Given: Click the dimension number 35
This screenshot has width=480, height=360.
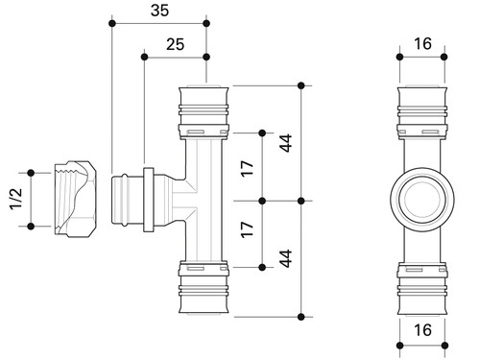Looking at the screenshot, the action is tap(159, 11).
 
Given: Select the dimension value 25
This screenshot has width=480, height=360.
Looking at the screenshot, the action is tap(175, 44).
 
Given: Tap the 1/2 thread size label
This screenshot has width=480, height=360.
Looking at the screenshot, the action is tap(16, 199).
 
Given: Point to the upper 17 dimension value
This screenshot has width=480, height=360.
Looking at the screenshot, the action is tap(247, 168).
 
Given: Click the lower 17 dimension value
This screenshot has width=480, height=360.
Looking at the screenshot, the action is tap(247, 229).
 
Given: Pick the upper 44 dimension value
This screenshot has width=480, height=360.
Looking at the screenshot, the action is tap(286, 143).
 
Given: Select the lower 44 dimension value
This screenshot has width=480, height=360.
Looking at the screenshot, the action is tap(286, 258).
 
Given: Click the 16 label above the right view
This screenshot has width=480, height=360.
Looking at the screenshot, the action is tap(422, 44).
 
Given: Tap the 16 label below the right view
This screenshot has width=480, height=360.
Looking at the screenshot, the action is tap(422, 330).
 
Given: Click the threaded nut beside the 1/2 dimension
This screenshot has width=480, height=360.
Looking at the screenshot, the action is tap(76, 199).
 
